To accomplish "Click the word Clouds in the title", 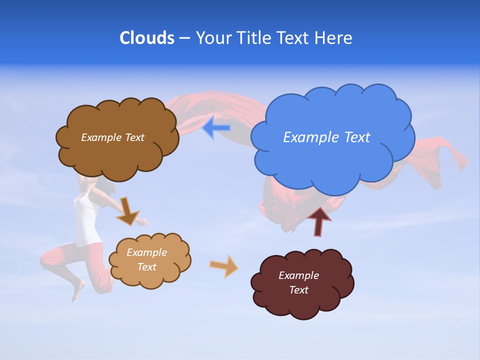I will (147, 38).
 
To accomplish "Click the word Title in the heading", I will (253, 38).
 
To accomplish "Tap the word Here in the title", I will (333, 38).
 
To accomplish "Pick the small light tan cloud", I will (150, 278).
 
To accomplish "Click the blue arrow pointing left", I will (216, 127).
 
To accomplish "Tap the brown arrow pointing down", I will (127, 211).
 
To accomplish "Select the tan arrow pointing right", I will (224, 266).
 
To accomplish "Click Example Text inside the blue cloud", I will (326, 137).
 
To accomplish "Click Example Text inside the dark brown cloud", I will (112, 137).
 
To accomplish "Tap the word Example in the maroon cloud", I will (298, 275).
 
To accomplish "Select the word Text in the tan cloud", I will (147, 267).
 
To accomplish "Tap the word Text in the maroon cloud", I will (298, 290).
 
